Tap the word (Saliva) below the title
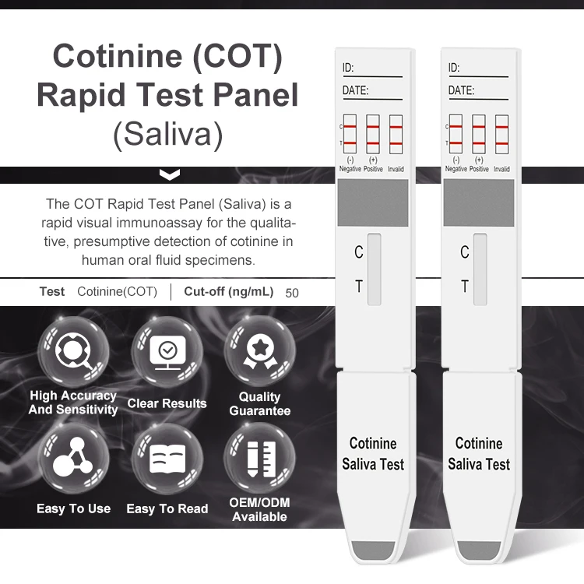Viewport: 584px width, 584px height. (167, 134)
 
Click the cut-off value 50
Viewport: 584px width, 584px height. (292, 294)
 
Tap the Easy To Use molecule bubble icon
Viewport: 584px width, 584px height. (74, 459)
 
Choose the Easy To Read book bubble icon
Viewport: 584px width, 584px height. (167, 459)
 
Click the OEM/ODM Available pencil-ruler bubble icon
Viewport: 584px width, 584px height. (259, 459)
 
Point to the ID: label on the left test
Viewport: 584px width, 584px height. (348, 69)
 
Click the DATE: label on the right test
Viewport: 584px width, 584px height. (461, 91)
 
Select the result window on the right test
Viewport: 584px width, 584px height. (480, 269)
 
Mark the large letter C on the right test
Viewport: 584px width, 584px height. (464, 252)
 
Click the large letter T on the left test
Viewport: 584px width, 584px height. (358, 287)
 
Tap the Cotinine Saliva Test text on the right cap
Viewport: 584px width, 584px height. (478, 454)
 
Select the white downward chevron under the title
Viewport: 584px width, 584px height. (168, 174)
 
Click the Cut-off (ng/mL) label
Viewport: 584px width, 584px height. (228, 293)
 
